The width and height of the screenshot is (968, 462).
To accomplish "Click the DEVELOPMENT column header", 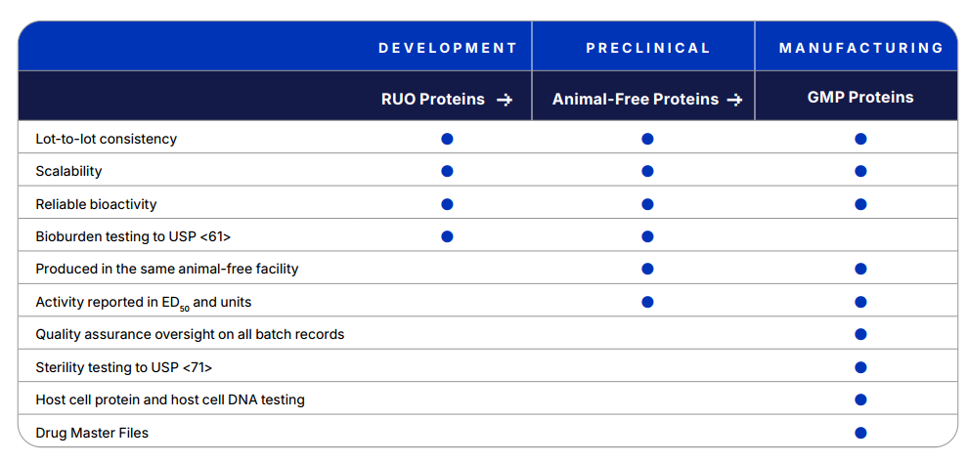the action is click(x=448, y=48).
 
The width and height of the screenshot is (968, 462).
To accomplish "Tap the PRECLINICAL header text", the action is click(x=648, y=48).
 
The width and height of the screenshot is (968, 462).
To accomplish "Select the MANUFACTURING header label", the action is click(x=861, y=48).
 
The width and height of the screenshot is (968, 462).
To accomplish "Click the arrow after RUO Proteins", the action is click(x=505, y=100).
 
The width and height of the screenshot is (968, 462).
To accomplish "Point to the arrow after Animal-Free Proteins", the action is click(x=734, y=100).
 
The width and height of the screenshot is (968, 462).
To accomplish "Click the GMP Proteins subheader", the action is click(x=860, y=98).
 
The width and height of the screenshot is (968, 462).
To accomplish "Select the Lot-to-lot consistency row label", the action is click(x=107, y=139).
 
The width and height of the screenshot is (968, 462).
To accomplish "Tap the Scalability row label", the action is click(x=68, y=172).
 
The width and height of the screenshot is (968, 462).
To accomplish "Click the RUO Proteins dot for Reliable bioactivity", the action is click(x=448, y=204).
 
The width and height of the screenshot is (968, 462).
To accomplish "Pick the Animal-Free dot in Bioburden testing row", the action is click(x=647, y=236).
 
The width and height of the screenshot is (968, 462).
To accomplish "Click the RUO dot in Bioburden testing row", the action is click(x=448, y=236).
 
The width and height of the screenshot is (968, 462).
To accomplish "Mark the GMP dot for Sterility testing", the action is click(x=861, y=367).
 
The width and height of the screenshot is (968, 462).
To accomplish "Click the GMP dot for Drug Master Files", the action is click(x=861, y=433).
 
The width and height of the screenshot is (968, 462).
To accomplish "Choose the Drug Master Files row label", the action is click(x=92, y=433).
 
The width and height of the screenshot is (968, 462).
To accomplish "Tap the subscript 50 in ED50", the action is click(x=185, y=308).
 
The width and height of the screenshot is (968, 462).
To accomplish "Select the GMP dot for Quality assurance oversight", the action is click(x=861, y=334).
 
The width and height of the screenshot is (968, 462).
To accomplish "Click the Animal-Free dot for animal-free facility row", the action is click(x=647, y=269).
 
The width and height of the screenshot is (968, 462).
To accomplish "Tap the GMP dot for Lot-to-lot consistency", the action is click(x=861, y=139).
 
